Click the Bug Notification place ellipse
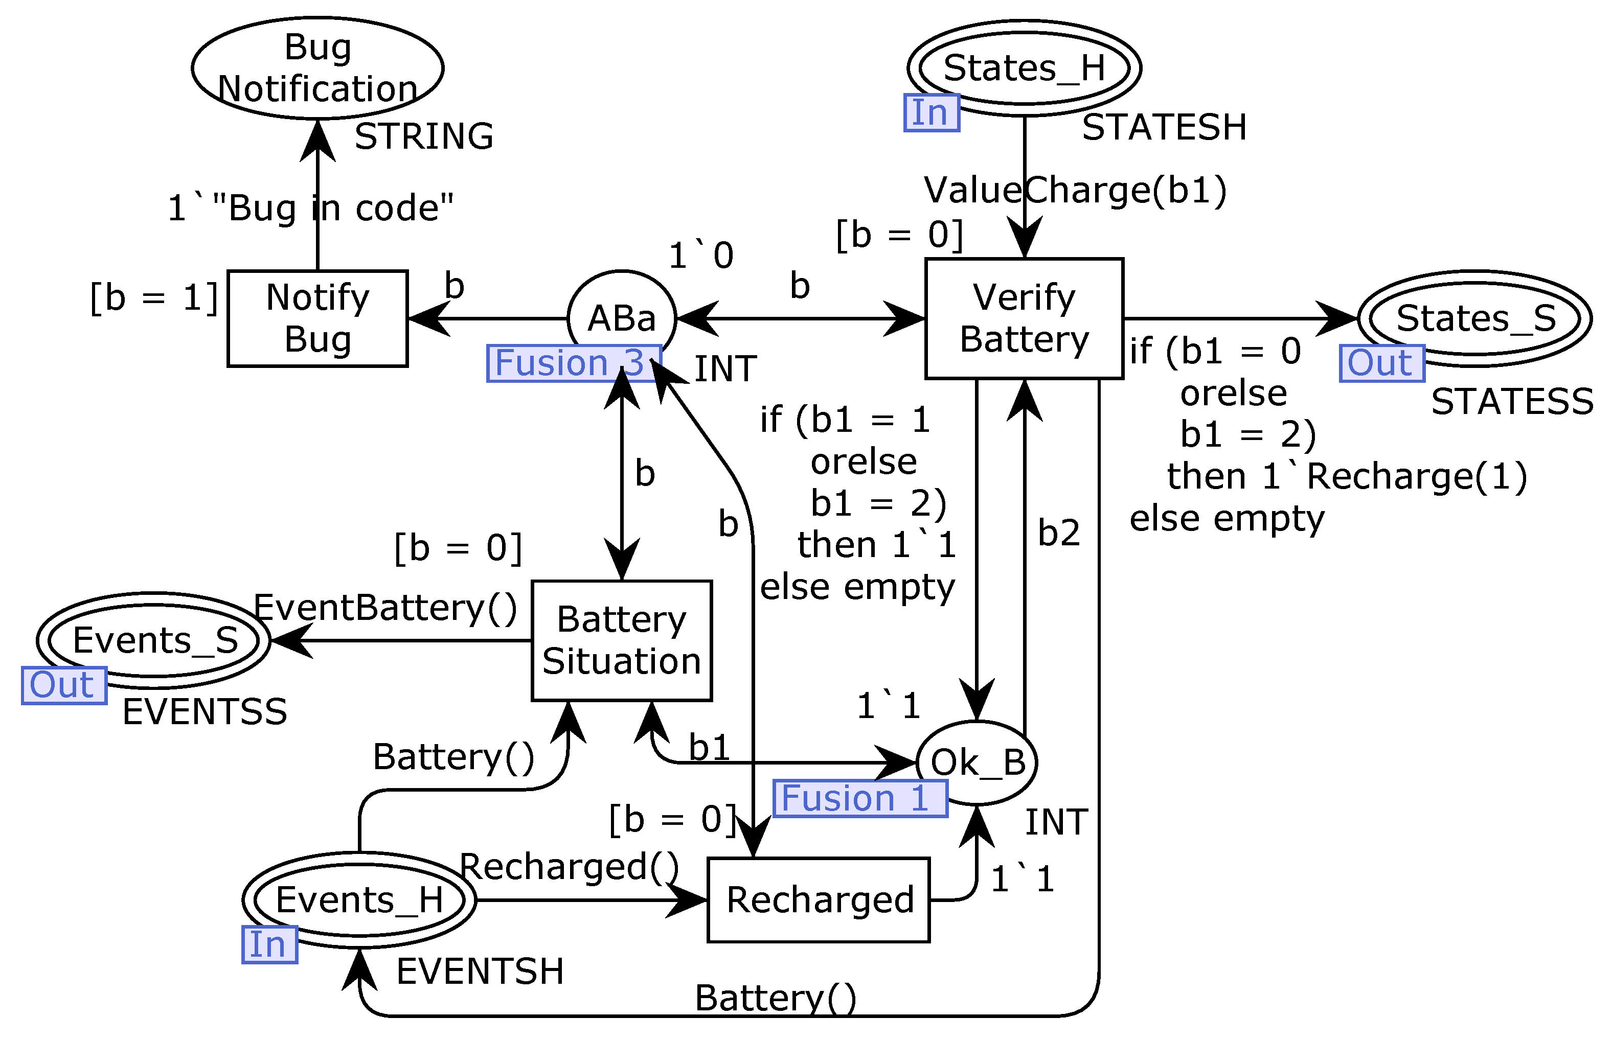point(317,68)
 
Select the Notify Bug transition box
point(317,318)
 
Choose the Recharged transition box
point(818,899)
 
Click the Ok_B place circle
point(977,762)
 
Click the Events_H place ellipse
point(359,899)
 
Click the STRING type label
point(424,136)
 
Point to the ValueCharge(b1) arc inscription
point(1074,190)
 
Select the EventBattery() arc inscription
point(385,607)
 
